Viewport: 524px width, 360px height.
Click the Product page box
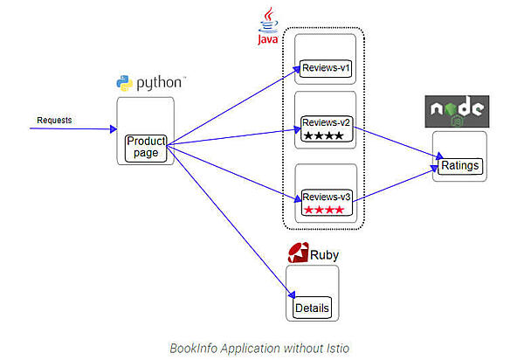pos(146,147)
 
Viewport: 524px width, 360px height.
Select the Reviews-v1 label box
pos(327,67)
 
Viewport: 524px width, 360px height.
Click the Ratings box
pos(459,166)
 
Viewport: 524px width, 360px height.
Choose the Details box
pos(313,308)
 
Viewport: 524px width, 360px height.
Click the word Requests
pos(55,119)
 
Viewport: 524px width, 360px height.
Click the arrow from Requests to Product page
pos(73,129)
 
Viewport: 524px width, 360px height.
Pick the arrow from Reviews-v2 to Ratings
pos(398,144)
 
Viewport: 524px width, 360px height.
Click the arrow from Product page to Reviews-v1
pos(231,109)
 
